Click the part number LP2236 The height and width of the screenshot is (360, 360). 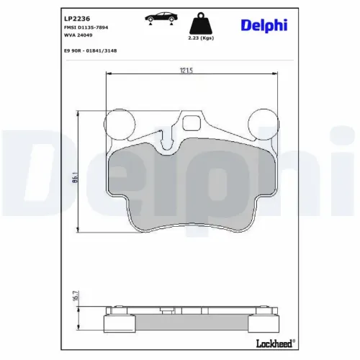coord(77,19)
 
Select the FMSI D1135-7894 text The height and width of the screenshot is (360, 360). coord(86,27)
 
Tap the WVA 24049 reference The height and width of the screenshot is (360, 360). coord(78,35)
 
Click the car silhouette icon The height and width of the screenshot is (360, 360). coord(161,17)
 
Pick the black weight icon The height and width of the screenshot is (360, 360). coord(201,24)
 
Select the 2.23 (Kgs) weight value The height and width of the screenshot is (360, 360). coord(201,38)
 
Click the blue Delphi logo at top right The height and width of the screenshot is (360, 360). coord(264,25)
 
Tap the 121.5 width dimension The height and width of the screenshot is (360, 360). coord(186,71)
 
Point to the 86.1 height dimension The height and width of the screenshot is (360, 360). coord(75,177)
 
